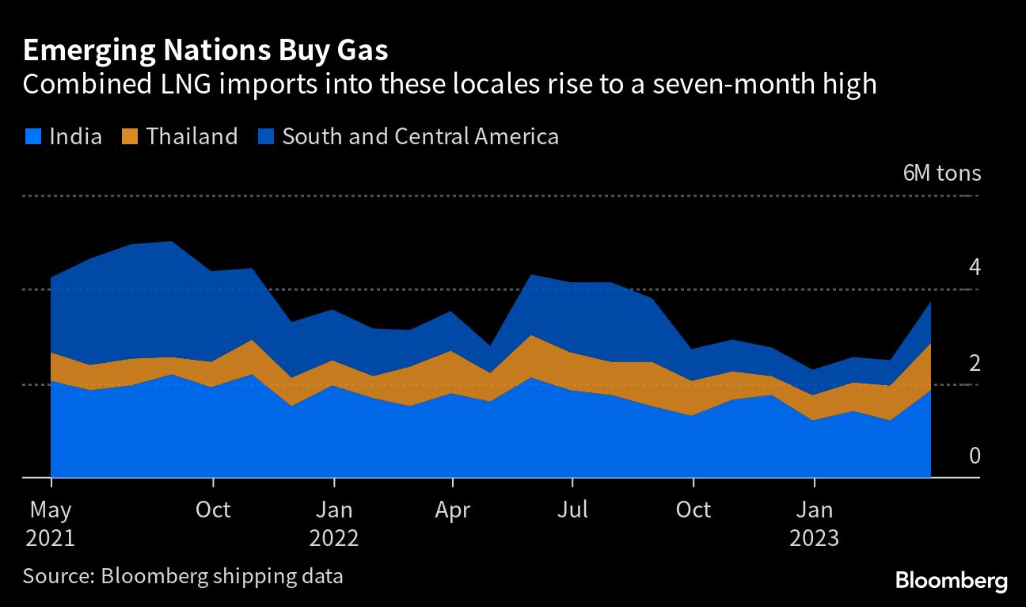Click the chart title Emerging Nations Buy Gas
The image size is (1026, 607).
206,51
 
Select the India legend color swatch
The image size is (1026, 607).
32,136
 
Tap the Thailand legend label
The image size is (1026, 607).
192,136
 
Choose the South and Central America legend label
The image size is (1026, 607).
420,136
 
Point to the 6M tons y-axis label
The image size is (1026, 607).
941,174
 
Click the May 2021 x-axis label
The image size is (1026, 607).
51,523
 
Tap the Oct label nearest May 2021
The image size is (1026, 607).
213,509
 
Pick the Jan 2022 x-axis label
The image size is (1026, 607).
334,523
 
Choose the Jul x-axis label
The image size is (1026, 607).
572,509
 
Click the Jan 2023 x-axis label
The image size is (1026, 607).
815,523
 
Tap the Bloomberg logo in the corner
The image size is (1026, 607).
951,581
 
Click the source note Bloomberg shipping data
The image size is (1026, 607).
183,575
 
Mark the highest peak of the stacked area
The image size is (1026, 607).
173,241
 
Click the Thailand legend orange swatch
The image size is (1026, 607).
130,136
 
